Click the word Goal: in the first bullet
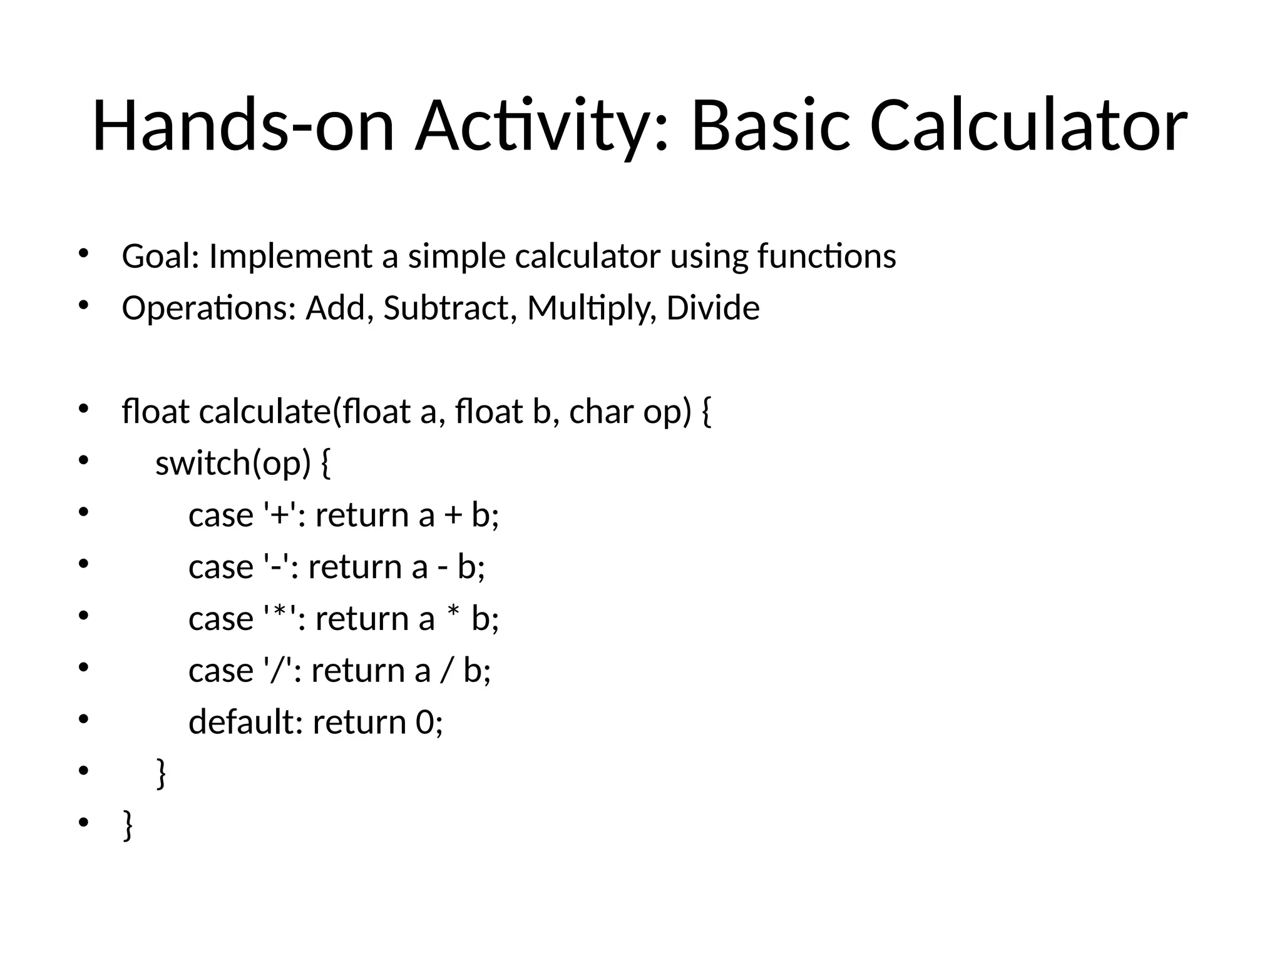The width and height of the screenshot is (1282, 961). tap(160, 257)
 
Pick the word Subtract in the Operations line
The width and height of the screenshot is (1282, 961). tap(450, 308)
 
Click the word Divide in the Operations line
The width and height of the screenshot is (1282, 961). tap(712, 308)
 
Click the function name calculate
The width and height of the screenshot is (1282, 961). tap(266, 412)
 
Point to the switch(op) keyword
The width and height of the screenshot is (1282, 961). tap(232, 464)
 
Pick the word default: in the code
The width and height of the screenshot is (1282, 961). tap(245, 722)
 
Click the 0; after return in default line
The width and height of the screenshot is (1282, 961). tap(429, 722)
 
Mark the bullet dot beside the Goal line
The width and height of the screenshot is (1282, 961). tap(83, 254)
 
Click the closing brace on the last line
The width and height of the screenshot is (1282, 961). tap(128, 826)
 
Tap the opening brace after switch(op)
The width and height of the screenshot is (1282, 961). tap(325, 464)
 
